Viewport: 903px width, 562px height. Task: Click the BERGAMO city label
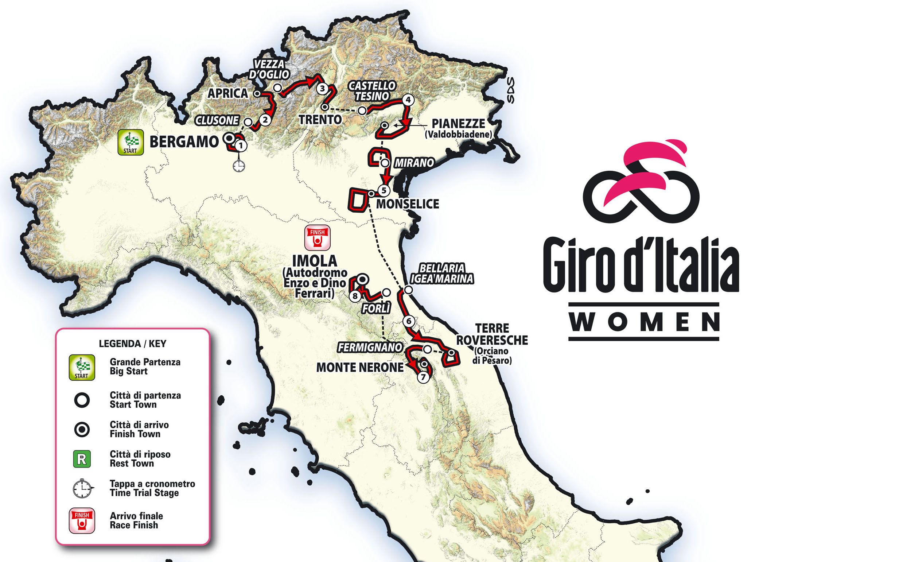[x=184, y=142]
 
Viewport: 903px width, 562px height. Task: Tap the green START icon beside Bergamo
[x=131, y=142]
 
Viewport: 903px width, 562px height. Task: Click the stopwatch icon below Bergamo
[x=239, y=166]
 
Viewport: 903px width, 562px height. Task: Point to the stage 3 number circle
[x=322, y=89]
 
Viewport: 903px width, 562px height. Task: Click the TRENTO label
[x=320, y=120]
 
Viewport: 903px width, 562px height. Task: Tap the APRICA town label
[x=227, y=93]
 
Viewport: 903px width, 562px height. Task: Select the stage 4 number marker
[x=408, y=100]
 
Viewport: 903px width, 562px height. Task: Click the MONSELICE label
[x=408, y=204]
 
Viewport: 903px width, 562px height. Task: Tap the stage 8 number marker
[x=355, y=296]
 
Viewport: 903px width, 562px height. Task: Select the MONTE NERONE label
[x=359, y=368]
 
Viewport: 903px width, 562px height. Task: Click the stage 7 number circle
[x=423, y=377]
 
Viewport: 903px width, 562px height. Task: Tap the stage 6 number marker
[x=408, y=321]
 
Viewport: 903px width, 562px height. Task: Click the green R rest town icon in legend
[x=82, y=459]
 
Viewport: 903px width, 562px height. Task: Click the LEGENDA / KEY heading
[x=133, y=344]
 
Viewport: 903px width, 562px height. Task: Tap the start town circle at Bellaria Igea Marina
[x=408, y=290]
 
